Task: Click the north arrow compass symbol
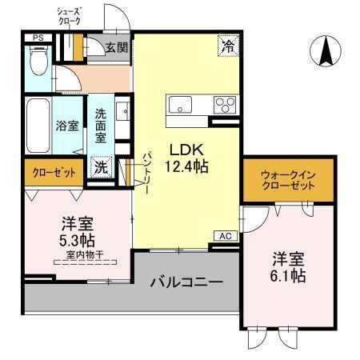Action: pyautogui.click(x=326, y=53)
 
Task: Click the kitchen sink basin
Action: pyautogui.click(x=179, y=104)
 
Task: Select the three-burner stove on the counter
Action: pyautogui.click(x=223, y=105)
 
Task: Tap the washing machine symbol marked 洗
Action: pyautogui.click(x=102, y=168)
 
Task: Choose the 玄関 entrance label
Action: pyautogui.click(x=116, y=47)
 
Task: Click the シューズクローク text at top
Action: pyautogui.click(x=70, y=17)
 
